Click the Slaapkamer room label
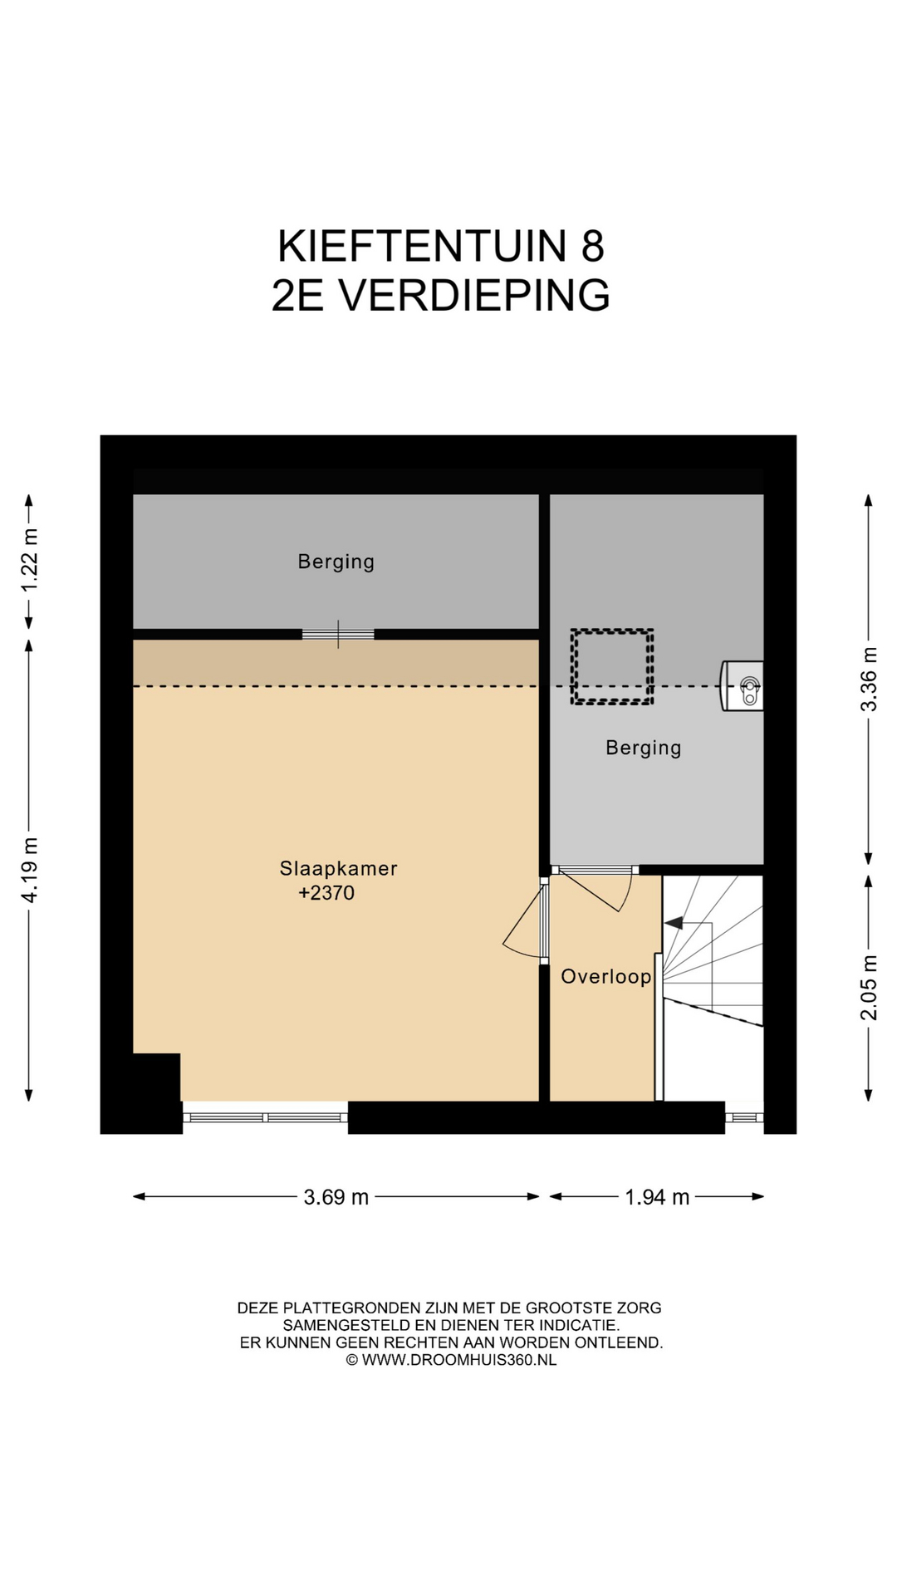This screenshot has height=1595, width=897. coord(338,868)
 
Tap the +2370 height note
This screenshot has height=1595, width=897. coord(326,893)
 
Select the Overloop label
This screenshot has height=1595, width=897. coord(605,977)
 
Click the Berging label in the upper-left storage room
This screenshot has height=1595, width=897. coord(336,562)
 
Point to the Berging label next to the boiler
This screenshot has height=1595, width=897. coord(644,748)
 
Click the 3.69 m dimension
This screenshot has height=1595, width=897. coord(336,1197)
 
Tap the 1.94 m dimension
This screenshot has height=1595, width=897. coord(657,1197)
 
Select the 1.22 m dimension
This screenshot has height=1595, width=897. coord(30,560)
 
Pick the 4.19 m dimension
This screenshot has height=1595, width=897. coord(30,871)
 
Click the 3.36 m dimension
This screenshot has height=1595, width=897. coord(869,680)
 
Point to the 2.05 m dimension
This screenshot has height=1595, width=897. coord(869,988)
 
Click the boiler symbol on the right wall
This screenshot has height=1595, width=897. coord(743,685)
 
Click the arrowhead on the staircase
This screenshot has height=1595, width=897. coord(672,922)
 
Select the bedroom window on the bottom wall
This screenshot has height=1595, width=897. coord(265,1117)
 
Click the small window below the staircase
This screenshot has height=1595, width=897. coord(744,1117)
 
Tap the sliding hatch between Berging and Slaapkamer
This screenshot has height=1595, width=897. coord(338,635)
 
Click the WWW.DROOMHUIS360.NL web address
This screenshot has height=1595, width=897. coord(459,1360)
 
